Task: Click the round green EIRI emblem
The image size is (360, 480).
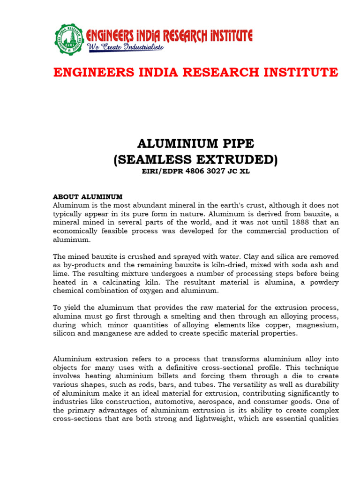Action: point(69,39)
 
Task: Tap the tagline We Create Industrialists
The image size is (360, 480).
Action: point(125,47)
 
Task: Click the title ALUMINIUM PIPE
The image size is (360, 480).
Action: point(195,143)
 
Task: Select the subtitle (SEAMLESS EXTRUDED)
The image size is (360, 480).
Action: point(195,160)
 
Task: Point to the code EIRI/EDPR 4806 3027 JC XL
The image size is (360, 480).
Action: point(195,172)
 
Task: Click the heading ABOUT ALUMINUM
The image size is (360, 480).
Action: point(88,196)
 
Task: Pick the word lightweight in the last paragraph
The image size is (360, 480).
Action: point(212,419)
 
